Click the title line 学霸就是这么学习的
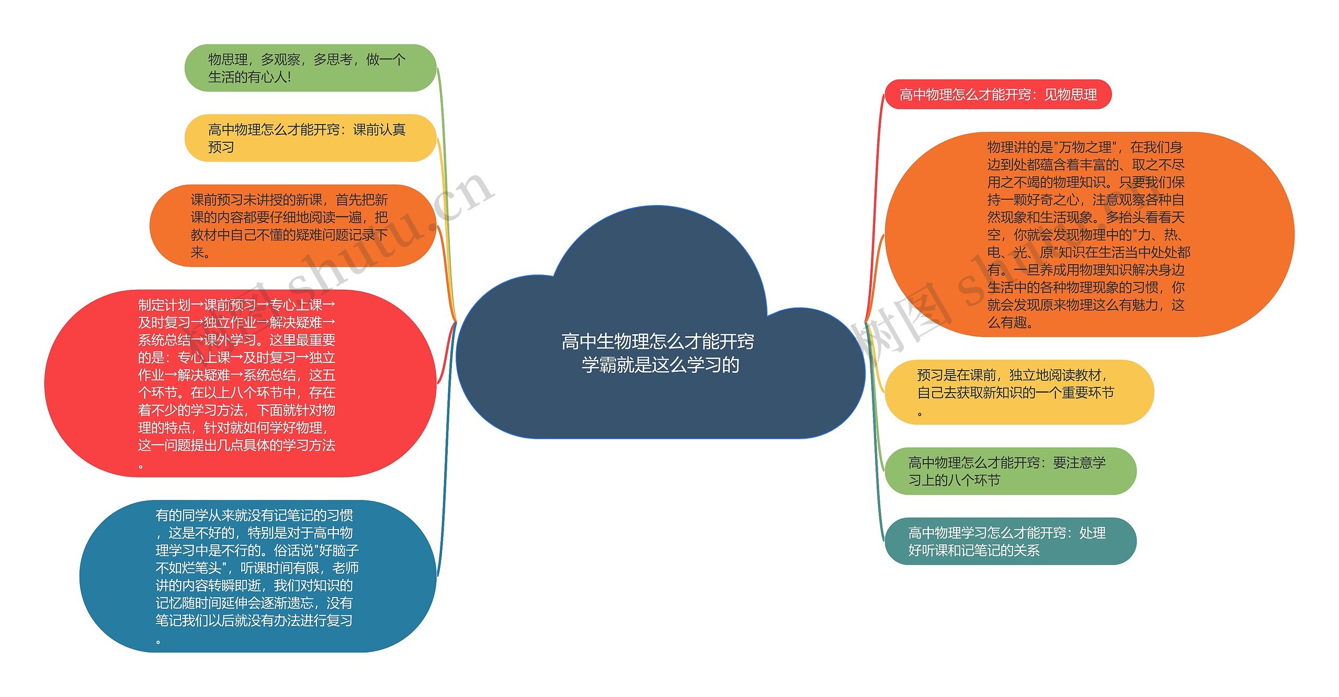660,365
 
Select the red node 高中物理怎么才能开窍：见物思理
997,95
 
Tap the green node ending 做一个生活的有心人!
310,68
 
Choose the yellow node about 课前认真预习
310,138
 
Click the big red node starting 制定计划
240,383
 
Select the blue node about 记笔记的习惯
257,576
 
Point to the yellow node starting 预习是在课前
1019,392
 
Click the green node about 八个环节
1010,471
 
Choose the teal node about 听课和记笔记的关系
1010,541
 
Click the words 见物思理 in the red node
1071,95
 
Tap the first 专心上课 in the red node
296,305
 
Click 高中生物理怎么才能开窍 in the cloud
657,341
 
